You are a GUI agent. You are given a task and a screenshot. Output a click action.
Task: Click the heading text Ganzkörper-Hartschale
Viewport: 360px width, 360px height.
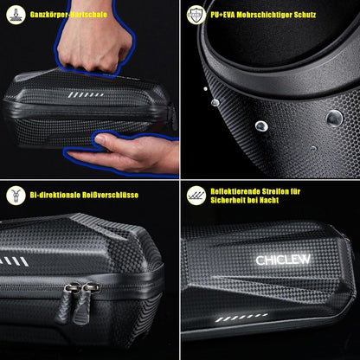pyautogui.click(x=70, y=16)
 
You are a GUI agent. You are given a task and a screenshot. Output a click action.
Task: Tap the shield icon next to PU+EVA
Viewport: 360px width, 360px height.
pyautogui.click(x=195, y=15)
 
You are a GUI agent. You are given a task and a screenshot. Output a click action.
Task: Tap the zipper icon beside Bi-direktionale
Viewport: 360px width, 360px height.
pyautogui.click(x=14, y=196)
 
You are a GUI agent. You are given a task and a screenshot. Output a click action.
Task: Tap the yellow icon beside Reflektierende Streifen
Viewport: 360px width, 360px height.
pyautogui.click(x=196, y=196)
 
